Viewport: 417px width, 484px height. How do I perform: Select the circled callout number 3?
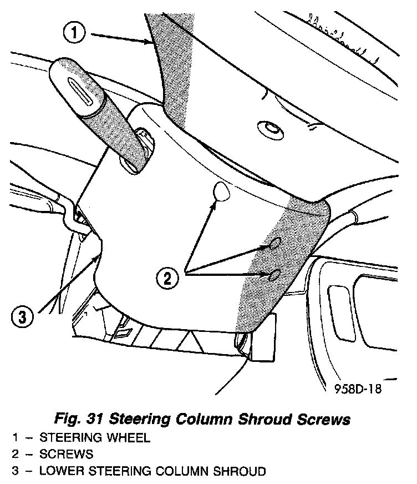pyautogui.click(x=22, y=317)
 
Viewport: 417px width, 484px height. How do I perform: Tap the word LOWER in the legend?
pyautogui.click(x=54, y=472)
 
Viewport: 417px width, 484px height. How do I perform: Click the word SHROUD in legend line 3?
pyautogui.click(x=242, y=472)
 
